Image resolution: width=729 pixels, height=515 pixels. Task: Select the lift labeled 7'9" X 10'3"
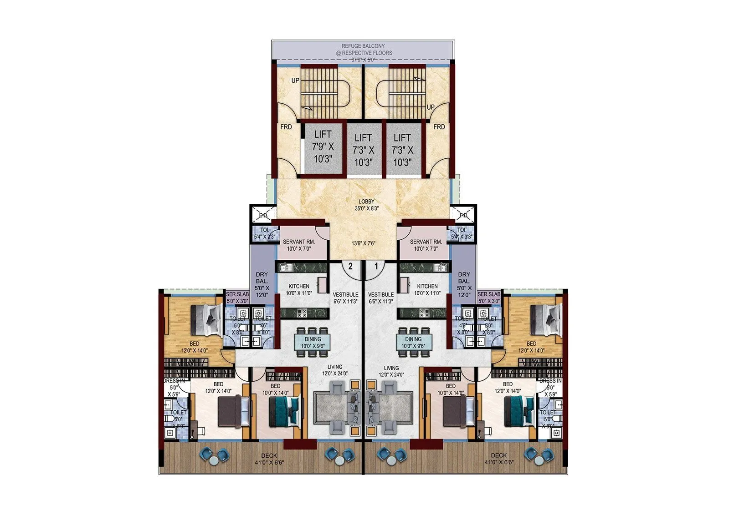[323, 147]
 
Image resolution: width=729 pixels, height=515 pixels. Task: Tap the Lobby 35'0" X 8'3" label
[366, 205]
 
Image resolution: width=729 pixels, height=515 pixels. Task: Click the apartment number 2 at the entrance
[350, 267]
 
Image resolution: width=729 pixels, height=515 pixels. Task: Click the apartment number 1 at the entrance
[376, 267]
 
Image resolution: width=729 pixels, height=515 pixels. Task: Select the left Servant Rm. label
[298, 245]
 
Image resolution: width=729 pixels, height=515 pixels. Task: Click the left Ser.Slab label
[237, 297]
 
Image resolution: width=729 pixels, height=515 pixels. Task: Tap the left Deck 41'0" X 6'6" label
[269, 459]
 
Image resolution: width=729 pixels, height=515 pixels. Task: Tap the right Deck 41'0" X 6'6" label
[498, 459]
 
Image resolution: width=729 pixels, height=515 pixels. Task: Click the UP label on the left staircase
[296, 81]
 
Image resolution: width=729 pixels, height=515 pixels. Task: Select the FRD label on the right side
[439, 127]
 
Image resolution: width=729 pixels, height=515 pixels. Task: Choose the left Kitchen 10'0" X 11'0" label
[298, 289]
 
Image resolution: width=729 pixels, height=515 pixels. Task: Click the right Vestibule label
[381, 298]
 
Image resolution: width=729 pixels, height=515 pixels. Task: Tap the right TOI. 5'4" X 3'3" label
[461, 233]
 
